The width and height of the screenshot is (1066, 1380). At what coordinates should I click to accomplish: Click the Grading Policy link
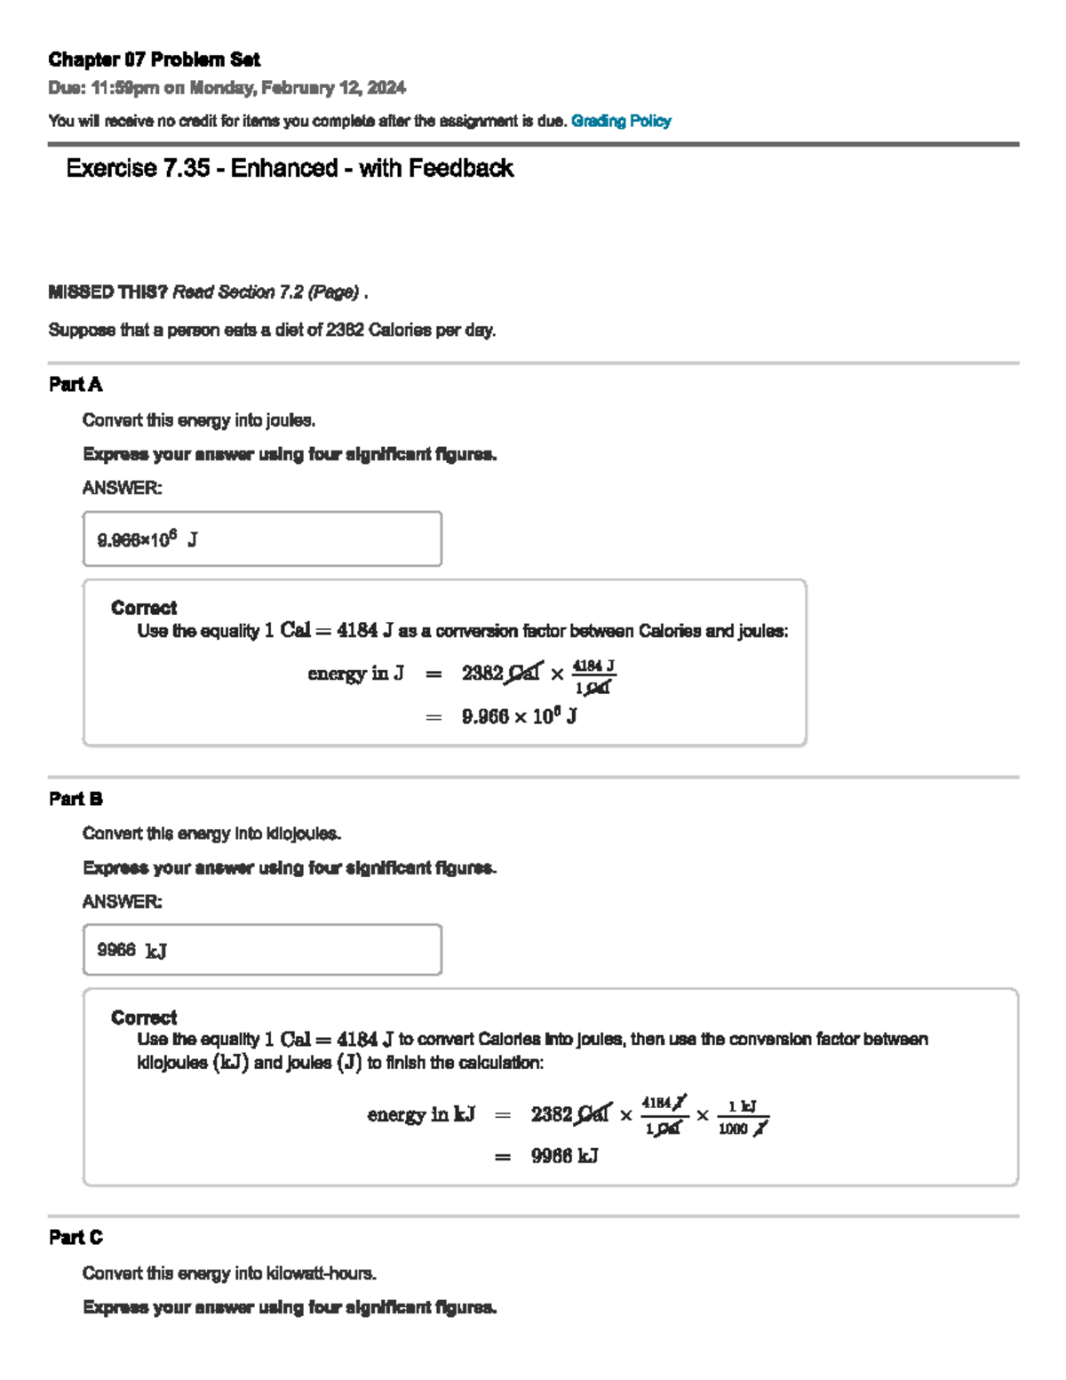tap(621, 121)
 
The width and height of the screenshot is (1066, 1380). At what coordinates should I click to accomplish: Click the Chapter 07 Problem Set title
tap(154, 60)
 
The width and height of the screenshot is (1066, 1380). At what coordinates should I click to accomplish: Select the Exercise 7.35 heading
tap(290, 168)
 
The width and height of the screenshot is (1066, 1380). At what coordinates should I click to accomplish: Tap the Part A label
tap(76, 385)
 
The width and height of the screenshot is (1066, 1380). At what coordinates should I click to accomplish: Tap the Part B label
tap(76, 799)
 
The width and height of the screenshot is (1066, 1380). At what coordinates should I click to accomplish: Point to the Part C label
tap(76, 1237)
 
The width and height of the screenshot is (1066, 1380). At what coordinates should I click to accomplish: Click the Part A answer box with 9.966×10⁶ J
tap(262, 538)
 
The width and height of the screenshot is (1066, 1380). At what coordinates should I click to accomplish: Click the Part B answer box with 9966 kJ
tap(262, 950)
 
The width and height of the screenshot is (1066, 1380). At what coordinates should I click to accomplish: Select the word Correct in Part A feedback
tap(144, 608)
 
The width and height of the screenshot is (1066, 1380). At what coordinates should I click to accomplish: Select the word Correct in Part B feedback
tap(144, 1017)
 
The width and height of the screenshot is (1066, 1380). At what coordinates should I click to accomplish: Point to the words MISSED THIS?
tap(107, 292)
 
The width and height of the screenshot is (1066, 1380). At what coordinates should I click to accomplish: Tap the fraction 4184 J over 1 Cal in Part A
tap(593, 676)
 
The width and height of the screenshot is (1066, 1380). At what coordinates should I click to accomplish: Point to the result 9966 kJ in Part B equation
tap(564, 1156)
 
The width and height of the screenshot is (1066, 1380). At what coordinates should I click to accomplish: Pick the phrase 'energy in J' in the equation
tap(355, 674)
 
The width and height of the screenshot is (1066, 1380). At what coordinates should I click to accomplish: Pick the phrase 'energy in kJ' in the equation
tap(421, 1114)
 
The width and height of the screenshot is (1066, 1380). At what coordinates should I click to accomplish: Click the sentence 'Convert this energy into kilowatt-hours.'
tap(229, 1273)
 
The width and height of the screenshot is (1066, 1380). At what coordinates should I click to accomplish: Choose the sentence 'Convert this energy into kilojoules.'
tap(211, 834)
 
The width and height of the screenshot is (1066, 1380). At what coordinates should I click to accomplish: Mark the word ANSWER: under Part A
tap(123, 488)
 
